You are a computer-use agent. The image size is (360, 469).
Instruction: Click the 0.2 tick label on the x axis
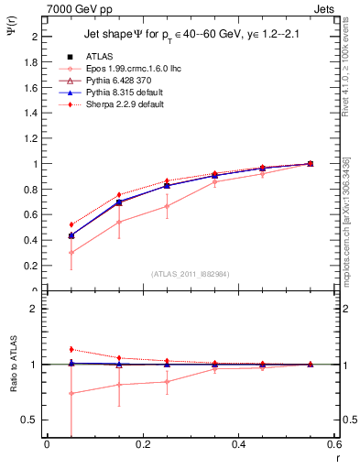[x=142, y=444]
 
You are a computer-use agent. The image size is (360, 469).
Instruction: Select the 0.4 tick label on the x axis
[x=238, y=444]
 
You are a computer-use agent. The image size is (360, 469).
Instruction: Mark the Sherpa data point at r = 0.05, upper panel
[x=71, y=224]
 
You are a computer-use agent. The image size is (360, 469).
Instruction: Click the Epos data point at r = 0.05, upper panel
[x=71, y=253]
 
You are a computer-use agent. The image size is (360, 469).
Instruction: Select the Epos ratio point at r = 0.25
[x=167, y=381]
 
